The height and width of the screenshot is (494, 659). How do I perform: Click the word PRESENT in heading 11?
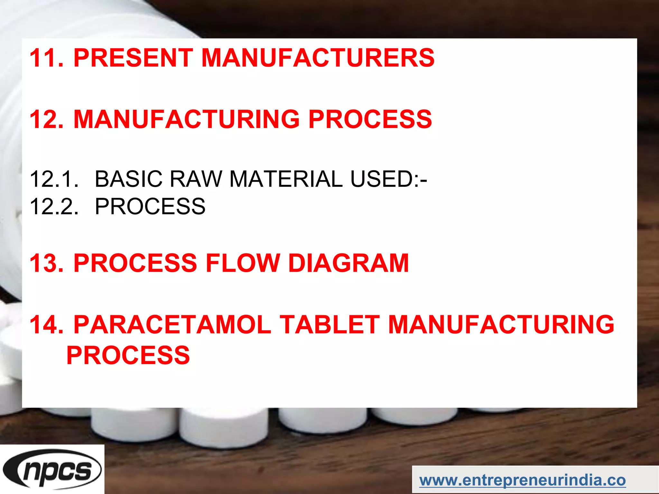point(133,58)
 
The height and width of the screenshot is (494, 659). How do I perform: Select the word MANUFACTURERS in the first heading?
point(318,58)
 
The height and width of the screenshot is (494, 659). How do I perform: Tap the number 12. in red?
point(47,119)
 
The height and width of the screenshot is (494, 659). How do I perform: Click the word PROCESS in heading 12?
point(370,119)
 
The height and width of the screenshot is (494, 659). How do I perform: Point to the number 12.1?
point(54,179)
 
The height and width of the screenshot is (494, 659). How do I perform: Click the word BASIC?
point(129,179)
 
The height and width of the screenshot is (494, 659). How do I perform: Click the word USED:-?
point(388,179)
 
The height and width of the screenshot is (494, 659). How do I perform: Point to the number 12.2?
point(54,206)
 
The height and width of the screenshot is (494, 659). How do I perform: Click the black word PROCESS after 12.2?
point(150,206)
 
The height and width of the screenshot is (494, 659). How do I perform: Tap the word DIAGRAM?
point(348,263)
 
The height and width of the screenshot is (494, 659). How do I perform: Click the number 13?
point(47,263)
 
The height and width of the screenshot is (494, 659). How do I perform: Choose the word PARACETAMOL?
point(172,324)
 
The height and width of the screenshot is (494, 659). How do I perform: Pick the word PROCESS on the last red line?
point(128,355)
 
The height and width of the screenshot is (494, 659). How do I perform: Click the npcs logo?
point(52,469)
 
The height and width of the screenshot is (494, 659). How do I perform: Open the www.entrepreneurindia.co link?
point(523,480)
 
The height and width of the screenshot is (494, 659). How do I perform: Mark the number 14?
point(47,324)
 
